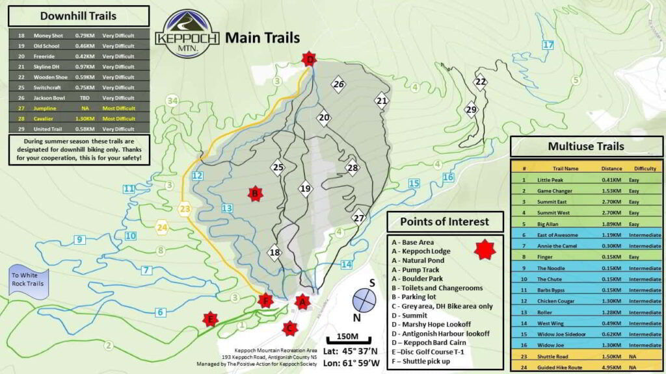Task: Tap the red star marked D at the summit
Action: click(310, 60)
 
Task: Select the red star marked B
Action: click(255, 193)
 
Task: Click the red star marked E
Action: click(209, 319)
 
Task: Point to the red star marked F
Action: click(264, 300)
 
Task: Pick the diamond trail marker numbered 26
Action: click(338, 84)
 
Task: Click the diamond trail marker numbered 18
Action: click(275, 253)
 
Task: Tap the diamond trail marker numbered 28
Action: click(353, 168)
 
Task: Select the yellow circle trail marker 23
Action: click(185, 209)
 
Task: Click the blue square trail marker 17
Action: click(548, 45)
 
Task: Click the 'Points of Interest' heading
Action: click(445, 221)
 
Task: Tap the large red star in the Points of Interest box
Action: click(484, 248)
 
